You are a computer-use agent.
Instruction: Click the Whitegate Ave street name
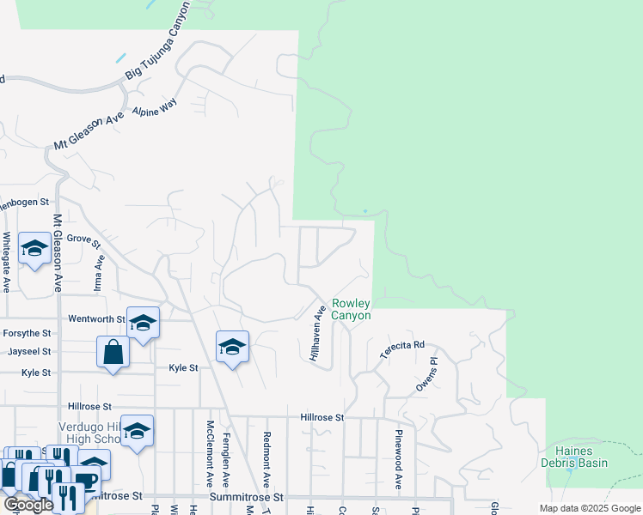point(7,262)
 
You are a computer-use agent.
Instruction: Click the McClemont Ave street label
point(210,451)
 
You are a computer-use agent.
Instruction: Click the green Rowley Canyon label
point(352,309)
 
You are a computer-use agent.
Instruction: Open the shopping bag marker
point(113,352)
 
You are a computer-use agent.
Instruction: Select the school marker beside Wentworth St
point(143,323)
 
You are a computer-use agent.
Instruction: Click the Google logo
point(29,505)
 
